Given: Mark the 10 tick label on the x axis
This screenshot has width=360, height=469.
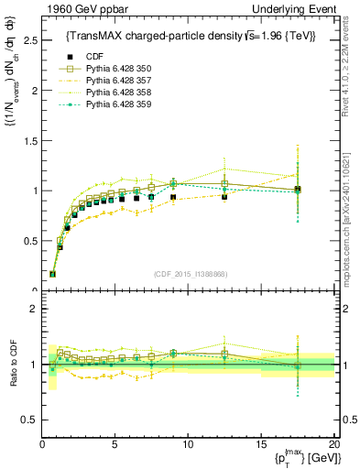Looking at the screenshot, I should click(x=188, y=443).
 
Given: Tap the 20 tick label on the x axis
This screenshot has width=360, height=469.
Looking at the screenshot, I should click(x=333, y=443).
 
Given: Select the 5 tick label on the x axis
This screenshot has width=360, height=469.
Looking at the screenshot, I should click(x=115, y=443).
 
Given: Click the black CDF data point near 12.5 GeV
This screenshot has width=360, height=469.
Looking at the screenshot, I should click(x=224, y=197).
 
